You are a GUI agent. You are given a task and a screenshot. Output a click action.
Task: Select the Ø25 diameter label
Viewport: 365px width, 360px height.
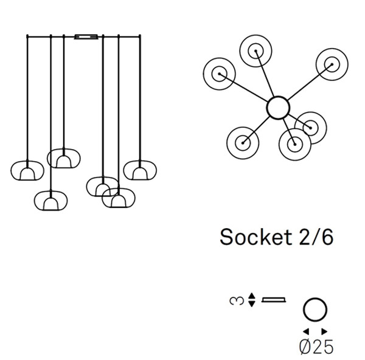(x=316, y=347)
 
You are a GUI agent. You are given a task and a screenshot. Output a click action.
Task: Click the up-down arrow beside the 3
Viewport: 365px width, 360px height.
(x=252, y=300)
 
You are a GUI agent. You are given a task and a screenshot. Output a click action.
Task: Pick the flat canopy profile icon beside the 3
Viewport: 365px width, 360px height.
(x=274, y=300)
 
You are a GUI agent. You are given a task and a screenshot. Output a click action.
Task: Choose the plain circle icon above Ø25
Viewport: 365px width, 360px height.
(x=315, y=310)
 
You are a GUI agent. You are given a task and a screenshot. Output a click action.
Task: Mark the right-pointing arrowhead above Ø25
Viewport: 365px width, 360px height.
(x=325, y=331)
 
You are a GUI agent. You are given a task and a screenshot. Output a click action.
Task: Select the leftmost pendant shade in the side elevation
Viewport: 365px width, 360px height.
(x=27, y=171)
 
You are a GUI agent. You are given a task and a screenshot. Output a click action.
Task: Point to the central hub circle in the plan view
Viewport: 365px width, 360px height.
(x=278, y=108)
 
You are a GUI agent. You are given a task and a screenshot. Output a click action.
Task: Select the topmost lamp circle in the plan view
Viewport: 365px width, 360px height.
(x=256, y=49)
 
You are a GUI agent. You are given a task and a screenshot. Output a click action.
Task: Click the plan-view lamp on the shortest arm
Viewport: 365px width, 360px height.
(x=310, y=127)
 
